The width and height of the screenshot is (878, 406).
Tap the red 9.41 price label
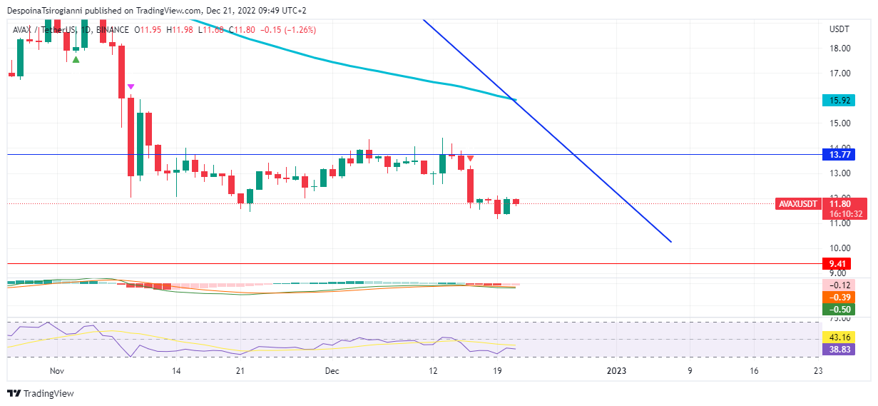point(835,263)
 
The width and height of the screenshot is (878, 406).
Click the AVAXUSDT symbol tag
point(797,204)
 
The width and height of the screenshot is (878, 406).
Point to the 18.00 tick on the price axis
point(839,49)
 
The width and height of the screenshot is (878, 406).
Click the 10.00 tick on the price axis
point(839,248)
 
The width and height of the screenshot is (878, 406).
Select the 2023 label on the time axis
point(616,371)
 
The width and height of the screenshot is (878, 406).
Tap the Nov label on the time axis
point(58,371)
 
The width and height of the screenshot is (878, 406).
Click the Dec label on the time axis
point(332,371)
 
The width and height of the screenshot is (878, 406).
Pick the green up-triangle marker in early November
point(76,59)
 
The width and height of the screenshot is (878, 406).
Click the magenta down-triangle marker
point(131,87)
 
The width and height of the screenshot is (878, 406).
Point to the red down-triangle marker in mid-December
point(471,158)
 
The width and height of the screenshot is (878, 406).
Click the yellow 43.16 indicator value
point(838,337)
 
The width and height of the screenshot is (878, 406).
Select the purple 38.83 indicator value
point(838,350)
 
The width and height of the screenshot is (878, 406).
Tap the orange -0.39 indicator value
point(838,297)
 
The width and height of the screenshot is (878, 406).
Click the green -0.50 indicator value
point(838,309)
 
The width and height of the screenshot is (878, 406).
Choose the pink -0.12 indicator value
point(838,285)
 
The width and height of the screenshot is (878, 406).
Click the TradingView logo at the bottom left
point(41,394)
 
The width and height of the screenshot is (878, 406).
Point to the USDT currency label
point(839,29)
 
